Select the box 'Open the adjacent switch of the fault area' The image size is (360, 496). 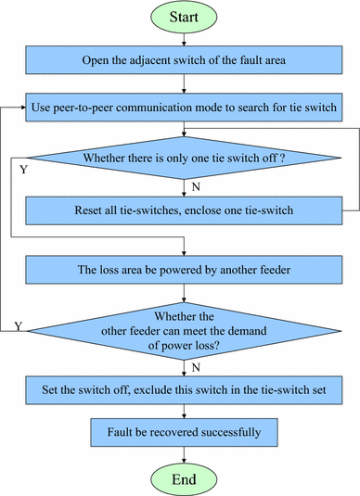186,62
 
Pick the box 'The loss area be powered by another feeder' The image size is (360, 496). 186,271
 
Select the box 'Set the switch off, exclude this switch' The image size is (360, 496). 186,388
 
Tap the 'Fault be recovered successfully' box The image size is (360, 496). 186,431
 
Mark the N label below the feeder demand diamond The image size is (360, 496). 194,365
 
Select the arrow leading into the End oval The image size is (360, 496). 186,452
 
